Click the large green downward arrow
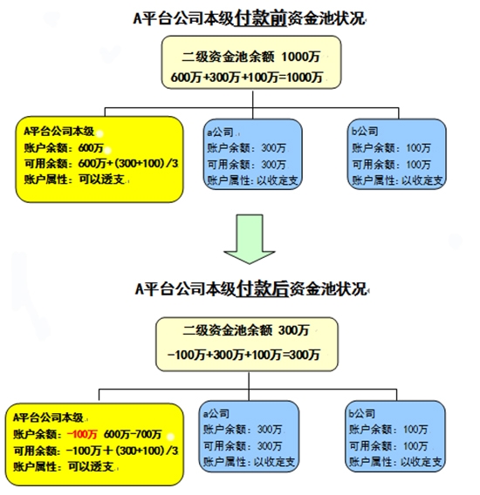(250, 239)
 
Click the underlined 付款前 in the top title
(260, 18)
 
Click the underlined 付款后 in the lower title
(263, 288)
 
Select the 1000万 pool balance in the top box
(301, 57)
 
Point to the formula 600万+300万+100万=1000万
(247, 78)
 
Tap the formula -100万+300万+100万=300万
(243, 355)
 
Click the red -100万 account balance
(82, 434)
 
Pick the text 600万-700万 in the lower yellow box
(133, 434)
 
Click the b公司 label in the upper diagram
(365, 131)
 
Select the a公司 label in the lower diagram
(216, 414)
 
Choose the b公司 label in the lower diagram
(362, 414)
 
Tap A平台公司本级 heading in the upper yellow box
(59, 131)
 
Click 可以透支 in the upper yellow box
(101, 180)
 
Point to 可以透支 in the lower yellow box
(91, 466)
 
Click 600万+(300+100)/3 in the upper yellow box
(128, 164)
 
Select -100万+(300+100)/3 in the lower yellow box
(122, 451)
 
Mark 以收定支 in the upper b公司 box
(422, 180)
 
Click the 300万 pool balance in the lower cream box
(294, 330)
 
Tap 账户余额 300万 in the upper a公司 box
(247, 148)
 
